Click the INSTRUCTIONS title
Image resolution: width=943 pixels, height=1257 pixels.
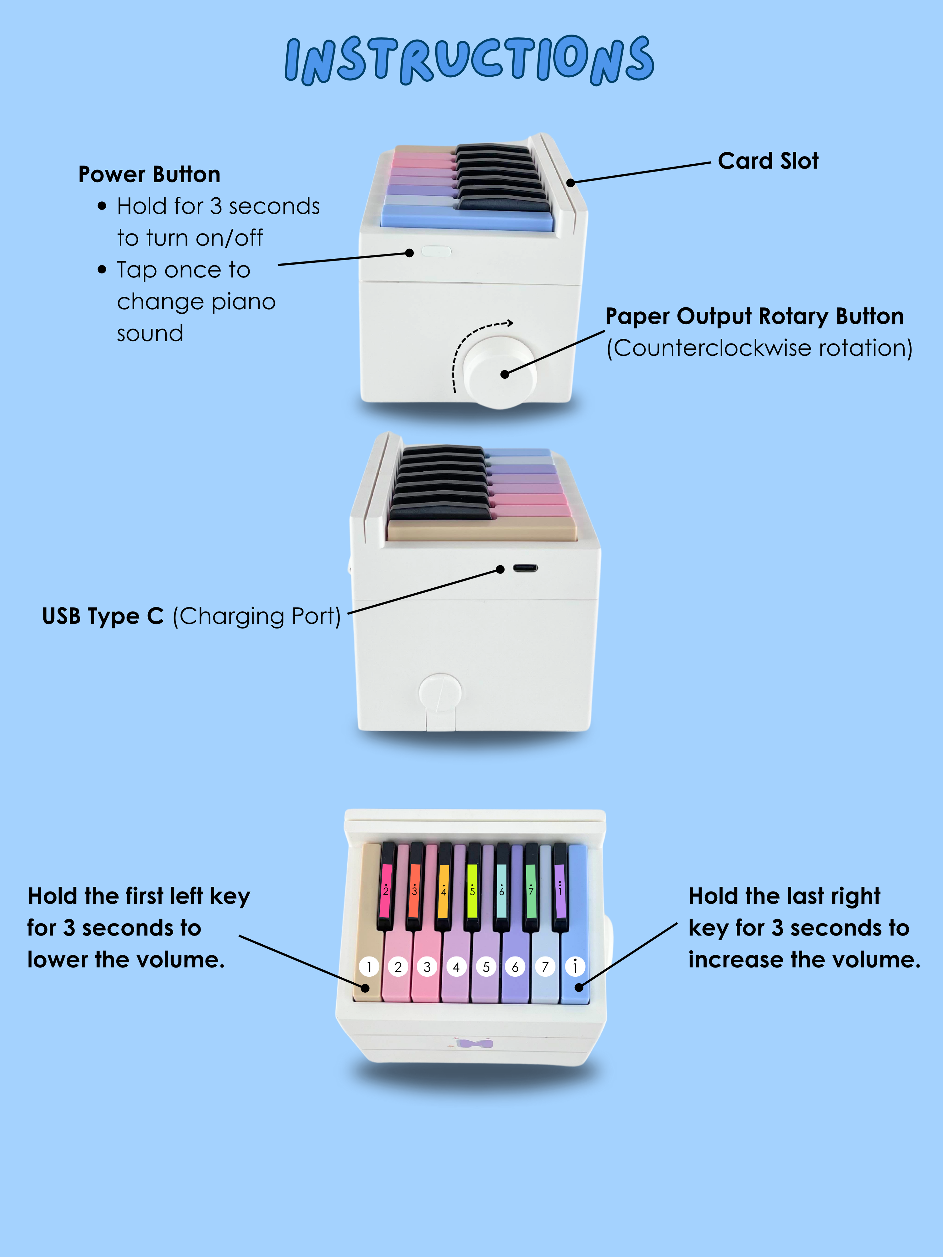tap(470, 60)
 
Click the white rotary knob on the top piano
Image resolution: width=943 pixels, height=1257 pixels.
tap(500, 372)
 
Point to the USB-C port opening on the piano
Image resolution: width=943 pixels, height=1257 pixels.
tap(525, 568)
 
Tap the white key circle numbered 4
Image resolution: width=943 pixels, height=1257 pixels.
tap(456, 967)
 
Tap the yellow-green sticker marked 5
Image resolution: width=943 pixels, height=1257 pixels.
tap(472, 891)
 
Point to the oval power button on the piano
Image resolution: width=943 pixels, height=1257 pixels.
tap(436, 251)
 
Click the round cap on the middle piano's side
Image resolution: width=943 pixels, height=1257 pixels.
tap(439, 693)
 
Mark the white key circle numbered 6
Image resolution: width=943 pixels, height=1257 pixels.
tap(515, 967)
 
